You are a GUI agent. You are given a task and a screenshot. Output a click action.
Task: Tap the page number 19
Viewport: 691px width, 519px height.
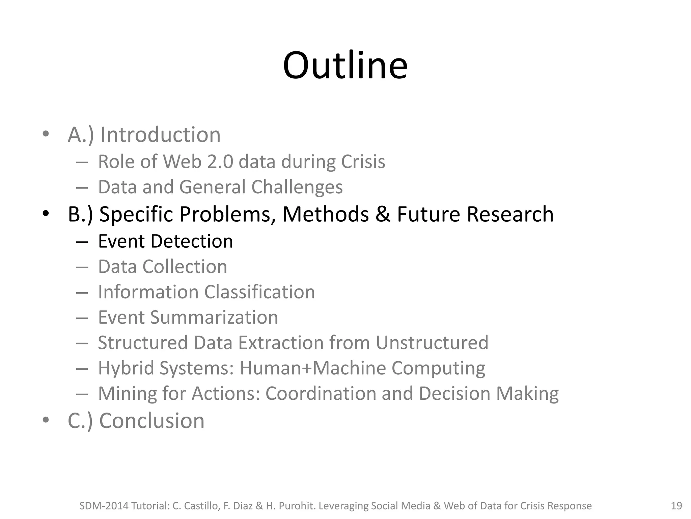click(x=676, y=506)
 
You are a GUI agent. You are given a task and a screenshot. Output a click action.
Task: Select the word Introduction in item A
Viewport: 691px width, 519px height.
click(x=160, y=135)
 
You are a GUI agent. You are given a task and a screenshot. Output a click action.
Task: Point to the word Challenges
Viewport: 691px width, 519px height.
click(x=297, y=187)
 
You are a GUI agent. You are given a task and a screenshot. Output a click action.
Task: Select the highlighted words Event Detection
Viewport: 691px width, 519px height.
click(x=165, y=241)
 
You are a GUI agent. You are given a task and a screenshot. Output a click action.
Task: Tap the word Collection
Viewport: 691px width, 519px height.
click(x=185, y=267)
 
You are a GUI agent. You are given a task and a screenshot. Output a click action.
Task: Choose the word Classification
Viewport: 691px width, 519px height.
click(x=259, y=292)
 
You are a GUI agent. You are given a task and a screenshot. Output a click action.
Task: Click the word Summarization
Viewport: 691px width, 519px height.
click(x=214, y=317)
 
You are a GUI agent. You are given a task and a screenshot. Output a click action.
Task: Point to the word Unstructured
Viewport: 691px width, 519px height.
click(x=432, y=343)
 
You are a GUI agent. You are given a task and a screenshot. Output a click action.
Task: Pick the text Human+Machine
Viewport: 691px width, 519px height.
click(x=312, y=368)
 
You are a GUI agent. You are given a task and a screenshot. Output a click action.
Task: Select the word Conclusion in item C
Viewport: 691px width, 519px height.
click(x=152, y=421)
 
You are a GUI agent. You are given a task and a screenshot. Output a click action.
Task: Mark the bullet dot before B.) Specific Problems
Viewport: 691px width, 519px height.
click(x=46, y=214)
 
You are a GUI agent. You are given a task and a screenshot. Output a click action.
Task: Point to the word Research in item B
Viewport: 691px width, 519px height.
click(x=510, y=214)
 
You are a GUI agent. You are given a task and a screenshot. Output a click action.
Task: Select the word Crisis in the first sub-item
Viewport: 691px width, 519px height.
click(x=363, y=162)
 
